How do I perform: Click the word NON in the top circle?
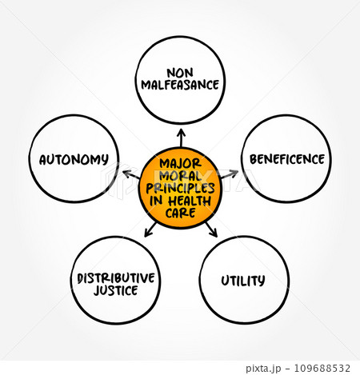180,73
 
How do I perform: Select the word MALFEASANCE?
180,85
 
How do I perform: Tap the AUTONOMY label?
74,159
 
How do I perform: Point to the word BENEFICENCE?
287,159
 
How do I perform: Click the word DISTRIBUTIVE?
116,278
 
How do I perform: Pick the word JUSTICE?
116,290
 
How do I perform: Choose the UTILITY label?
243,281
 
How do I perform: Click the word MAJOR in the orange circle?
180,163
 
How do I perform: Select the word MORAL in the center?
180,176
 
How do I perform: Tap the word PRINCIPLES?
180,188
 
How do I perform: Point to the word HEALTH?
190,201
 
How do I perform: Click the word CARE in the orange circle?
180,213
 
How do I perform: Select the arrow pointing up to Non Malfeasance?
182,138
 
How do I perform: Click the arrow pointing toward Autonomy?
131,174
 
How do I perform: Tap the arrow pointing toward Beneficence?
230,174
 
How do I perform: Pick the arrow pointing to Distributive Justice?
150,229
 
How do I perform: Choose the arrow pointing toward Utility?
211,229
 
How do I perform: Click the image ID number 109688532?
322,369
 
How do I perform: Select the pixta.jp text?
263,369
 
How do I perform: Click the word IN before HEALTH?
156,201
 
